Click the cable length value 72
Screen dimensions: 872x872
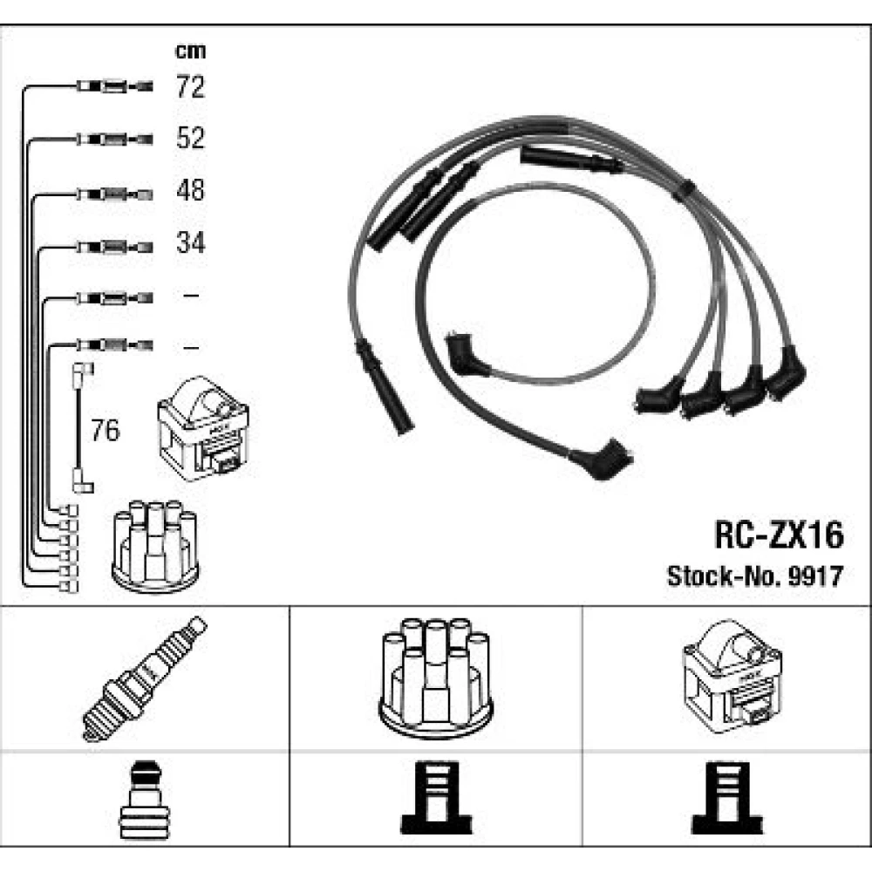click(190, 86)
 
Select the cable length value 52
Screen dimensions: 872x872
click(190, 138)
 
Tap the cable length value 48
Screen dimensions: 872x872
click(190, 190)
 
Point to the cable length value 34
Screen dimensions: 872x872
click(190, 242)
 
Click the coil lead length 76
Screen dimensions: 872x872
click(106, 430)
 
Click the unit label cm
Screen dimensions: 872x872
click(190, 51)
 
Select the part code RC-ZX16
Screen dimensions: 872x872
click(779, 535)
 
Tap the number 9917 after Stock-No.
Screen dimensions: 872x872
click(816, 576)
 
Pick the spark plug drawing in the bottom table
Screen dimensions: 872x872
click(144, 678)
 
